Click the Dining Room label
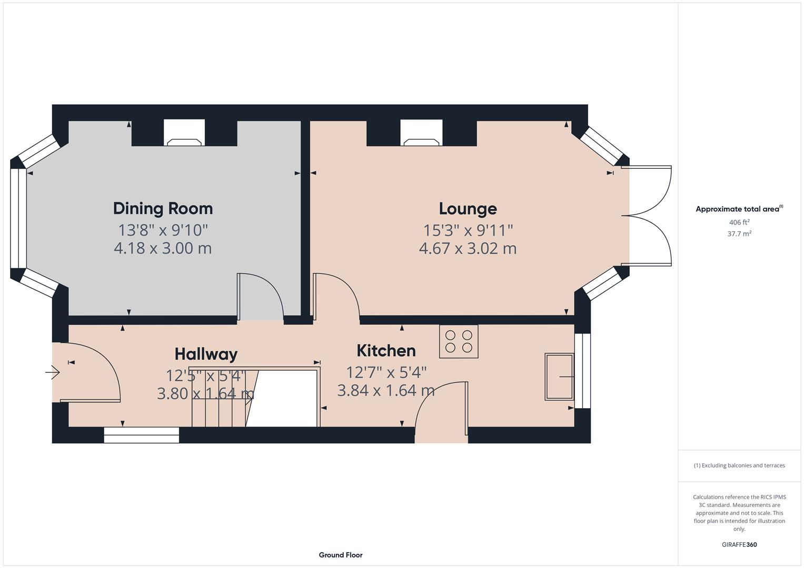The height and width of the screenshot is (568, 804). pos(163,208)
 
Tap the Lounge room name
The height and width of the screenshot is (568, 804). pos(468,209)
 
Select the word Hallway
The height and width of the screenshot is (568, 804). pos(206,354)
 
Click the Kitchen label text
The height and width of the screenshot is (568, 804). pos(386,351)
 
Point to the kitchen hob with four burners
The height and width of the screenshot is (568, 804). pos(459,341)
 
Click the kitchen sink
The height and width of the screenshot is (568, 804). pos(559,377)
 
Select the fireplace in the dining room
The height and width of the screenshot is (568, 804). pos(184,134)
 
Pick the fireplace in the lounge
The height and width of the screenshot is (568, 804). pos(422,134)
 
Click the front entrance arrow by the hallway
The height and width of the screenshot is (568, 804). pos(53,373)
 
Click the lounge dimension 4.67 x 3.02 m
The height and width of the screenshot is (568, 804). pos(468,248)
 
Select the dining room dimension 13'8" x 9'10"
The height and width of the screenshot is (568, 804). pos(163,230)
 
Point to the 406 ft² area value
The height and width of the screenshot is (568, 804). pos(739,222)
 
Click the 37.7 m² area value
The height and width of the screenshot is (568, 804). pos(739,234)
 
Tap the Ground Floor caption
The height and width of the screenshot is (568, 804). pos(340,555)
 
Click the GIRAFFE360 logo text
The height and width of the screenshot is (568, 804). pos(739,544)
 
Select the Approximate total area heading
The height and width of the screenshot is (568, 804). pos(739,209)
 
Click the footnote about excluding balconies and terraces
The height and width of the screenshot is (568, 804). pos(739,465)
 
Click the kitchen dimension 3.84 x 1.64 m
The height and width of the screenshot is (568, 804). pos(386,391)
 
